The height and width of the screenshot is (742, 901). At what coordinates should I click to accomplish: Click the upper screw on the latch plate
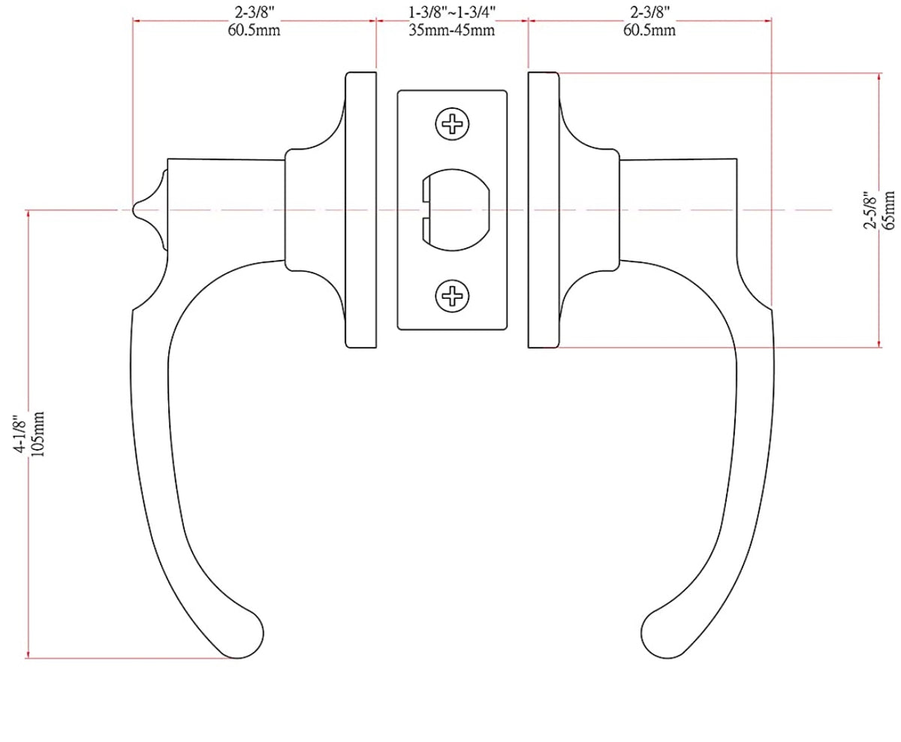coord(453,122)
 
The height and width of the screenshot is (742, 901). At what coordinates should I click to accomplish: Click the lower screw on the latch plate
coord(453,296)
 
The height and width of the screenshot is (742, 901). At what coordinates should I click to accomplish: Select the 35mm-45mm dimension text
coord(452,30)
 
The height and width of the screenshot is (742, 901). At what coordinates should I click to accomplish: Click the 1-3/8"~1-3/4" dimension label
coord(452,13)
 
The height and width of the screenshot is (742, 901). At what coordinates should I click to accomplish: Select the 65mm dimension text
coord(889,211)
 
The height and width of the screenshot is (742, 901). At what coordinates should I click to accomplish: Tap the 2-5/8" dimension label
coord(871,211)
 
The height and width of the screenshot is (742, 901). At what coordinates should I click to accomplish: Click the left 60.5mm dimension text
coord(255,30)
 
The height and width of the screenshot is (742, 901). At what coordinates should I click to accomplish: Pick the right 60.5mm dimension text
coord(649,30)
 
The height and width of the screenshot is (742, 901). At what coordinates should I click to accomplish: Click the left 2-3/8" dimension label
coord(255,13)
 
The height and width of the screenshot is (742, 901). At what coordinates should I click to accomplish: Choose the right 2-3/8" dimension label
coord(649,13)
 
